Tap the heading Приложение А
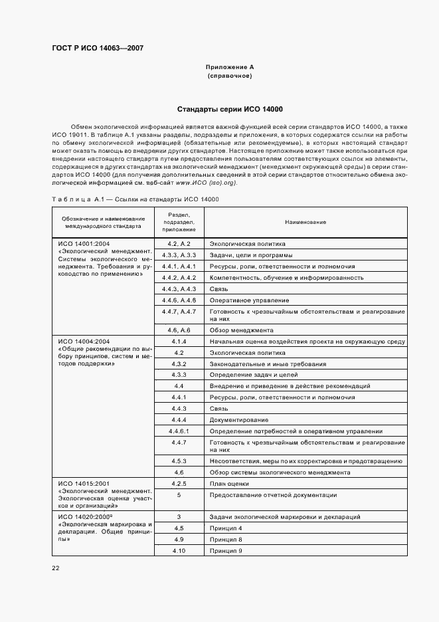[x=230, y=67]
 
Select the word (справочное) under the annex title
[x=230, y=76]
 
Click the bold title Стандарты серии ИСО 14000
[x=230, y=109]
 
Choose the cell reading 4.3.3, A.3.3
[x=179, y=255]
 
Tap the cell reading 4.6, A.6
[x=179, y=330]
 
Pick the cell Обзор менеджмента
[x=241, y=330]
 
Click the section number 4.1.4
[x=179, y=342]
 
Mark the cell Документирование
[x=239, y=420]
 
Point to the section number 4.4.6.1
[x=179, y=431]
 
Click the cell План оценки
[x=230, y=484]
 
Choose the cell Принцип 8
[x=226, y=540]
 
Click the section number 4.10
[x=179, y=551]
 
